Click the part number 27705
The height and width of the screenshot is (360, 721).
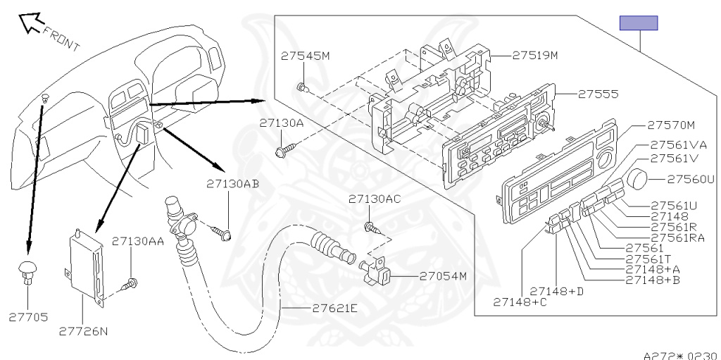[29, 317]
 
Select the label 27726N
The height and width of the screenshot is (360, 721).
[82, 330]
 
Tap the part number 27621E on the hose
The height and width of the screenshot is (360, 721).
[334, 309]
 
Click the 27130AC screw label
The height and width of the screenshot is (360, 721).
[375, 199]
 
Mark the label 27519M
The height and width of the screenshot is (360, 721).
[534, 54]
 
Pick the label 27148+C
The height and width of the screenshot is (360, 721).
[520, 302]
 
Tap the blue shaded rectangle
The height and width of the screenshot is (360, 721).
[638, 23]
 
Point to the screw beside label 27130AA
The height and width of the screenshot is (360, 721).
[129, 284]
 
